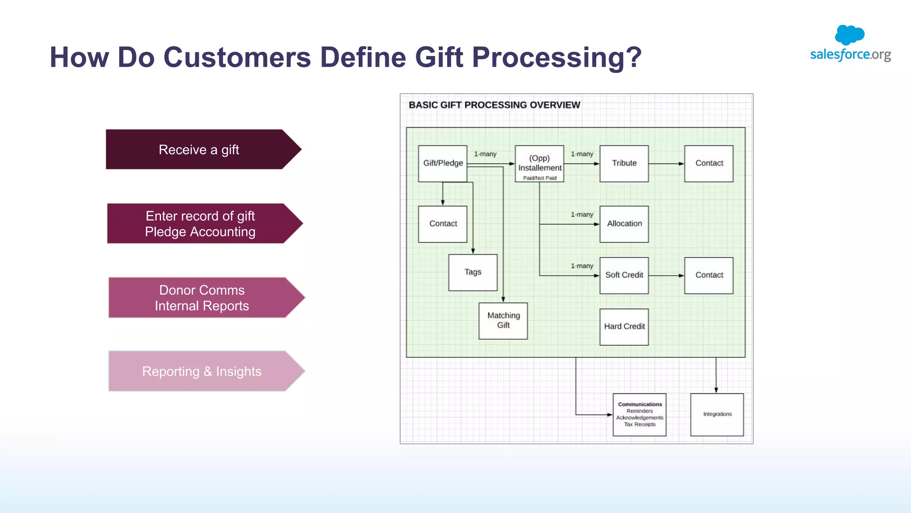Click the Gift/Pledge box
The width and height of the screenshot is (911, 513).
443,163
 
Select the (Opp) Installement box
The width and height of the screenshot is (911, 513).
539,164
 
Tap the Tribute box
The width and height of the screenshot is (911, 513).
624,163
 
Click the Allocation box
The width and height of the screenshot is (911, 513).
624,224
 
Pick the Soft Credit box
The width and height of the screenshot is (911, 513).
624,275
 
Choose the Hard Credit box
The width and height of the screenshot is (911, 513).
624,327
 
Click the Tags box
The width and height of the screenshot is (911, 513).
472,272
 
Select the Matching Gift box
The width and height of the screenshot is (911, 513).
503,321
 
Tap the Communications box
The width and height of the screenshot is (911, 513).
639,414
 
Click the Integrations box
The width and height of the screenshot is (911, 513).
717,414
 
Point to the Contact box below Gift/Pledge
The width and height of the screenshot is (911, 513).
443,224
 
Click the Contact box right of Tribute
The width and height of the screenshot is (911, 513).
709,163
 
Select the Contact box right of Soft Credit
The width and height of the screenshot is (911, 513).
709,275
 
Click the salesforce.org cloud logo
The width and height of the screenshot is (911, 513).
850,35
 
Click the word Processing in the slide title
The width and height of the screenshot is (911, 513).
556,57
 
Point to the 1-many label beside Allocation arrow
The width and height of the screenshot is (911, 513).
582,214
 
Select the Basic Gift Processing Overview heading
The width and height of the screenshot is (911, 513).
494,105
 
